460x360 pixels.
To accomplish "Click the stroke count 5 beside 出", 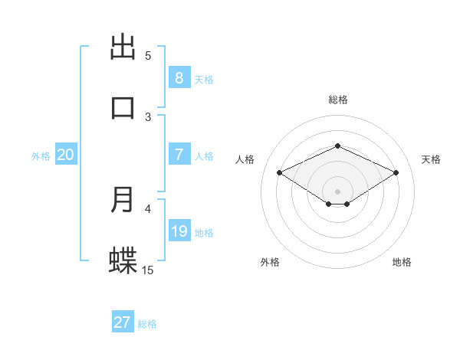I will point(148,55).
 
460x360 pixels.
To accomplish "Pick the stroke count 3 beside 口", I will point(148,116).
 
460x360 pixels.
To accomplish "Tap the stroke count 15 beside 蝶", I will point(148,270).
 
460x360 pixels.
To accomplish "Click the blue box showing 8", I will point(179,78).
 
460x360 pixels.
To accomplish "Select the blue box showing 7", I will point(179,155).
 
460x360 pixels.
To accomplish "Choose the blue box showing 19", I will point(179,231).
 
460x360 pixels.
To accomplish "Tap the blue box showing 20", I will point(65,155).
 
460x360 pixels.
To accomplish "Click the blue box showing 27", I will point(123,322).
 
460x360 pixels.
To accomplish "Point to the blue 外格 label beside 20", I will point(41,156).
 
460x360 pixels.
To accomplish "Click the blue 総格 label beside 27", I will point(147,324).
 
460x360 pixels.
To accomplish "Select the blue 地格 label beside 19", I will point(204,233).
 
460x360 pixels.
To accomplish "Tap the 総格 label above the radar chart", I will point(337,100).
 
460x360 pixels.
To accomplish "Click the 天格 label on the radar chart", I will point(431,159).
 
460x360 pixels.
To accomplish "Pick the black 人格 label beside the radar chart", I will point(245,159).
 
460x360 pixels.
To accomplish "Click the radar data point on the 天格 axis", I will point(396,172).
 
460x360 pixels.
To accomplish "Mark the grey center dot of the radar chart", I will point(337,191).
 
